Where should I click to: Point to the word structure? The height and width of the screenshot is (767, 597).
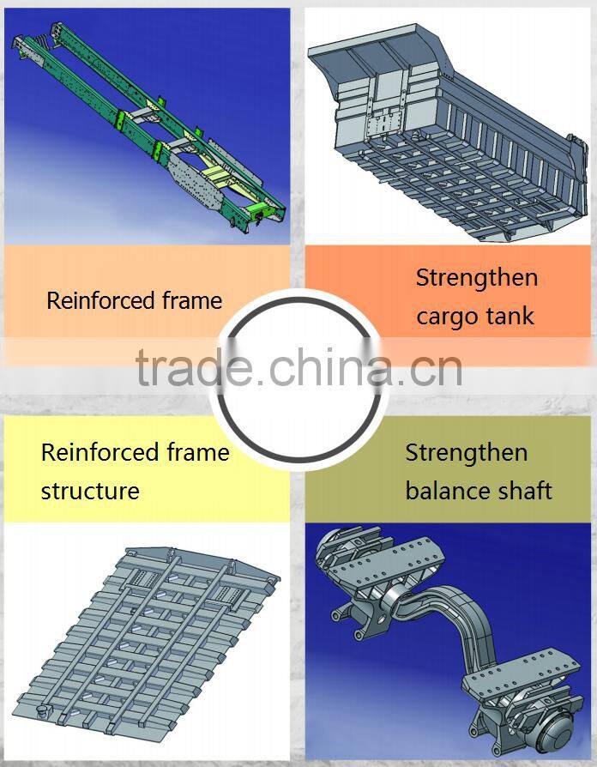89,492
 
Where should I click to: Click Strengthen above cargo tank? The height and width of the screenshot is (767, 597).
476,278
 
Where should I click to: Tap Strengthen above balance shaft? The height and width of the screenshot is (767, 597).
466,453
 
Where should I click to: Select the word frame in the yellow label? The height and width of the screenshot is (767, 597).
198,453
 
